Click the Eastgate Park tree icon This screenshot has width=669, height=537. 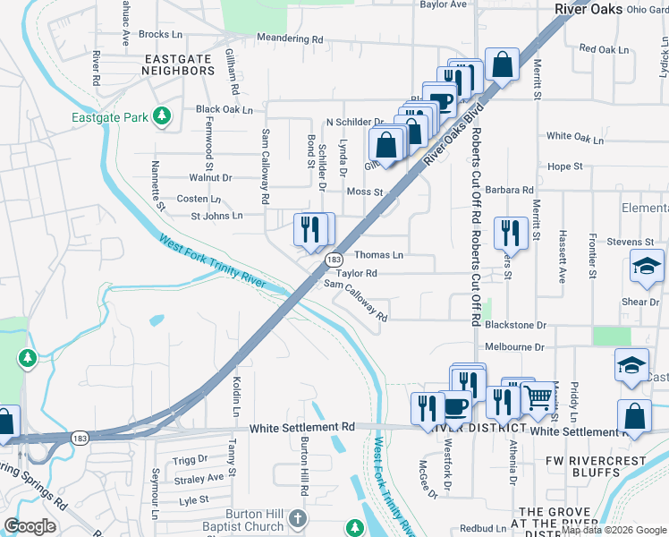(x=162, y=115)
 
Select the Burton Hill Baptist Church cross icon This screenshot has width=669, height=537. (x=298, y=518)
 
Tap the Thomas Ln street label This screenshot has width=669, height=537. (x=379, y=255)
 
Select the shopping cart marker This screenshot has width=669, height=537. (x=537, y=396)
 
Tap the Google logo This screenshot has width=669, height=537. (x=30, y=526)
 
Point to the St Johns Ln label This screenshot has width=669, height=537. (x=216, y=216)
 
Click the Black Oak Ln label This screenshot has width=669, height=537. (x=224, y=110)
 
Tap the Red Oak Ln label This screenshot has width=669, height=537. (x=605, y=49)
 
